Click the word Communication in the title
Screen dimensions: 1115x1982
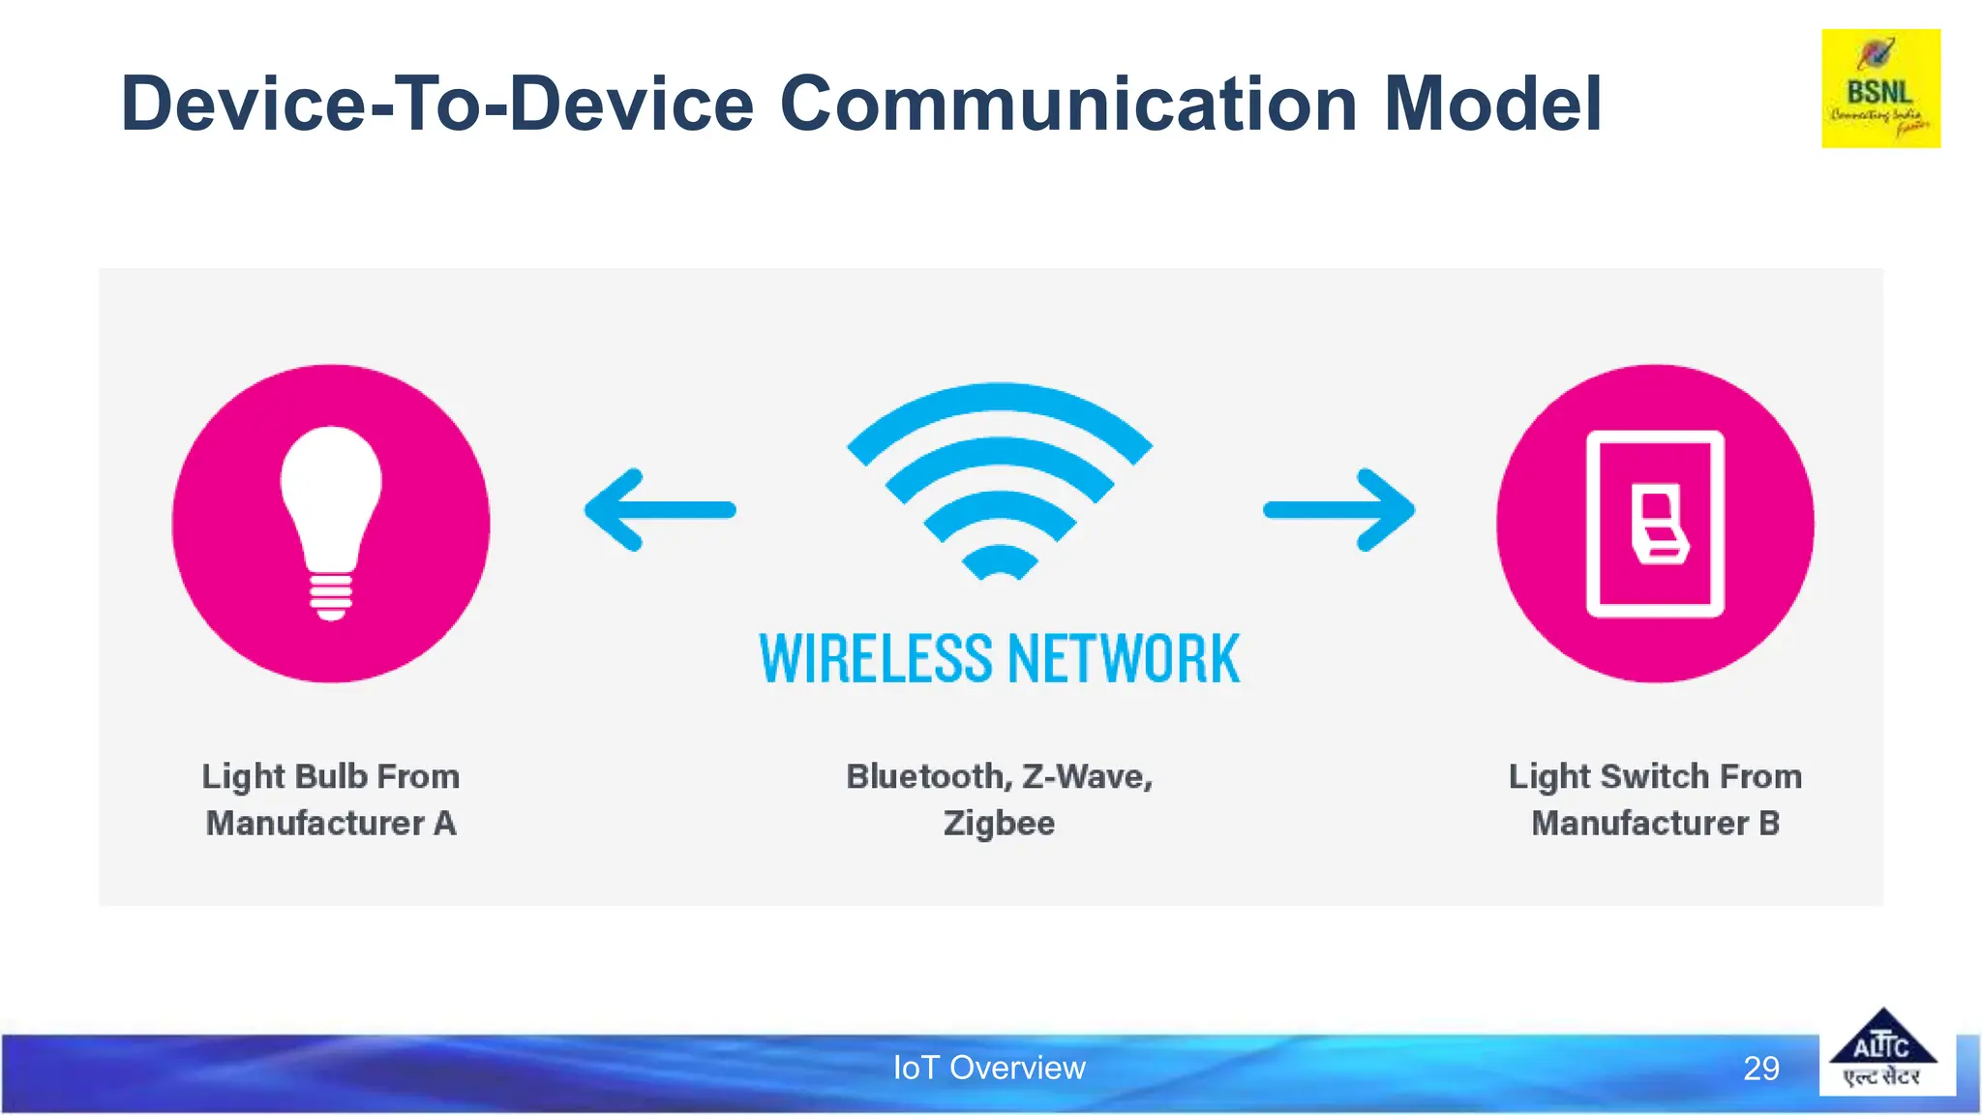1068,105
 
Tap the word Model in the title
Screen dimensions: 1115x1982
1493,105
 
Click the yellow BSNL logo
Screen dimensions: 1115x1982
1880,89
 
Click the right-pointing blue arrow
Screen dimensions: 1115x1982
1339,510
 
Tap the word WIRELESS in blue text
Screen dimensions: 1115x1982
876,659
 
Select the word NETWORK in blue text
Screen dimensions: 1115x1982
1124,659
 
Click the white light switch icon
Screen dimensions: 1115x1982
1655,524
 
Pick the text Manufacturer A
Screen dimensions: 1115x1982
331,824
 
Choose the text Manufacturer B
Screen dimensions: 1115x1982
1655,824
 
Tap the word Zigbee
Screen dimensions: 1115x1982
999,824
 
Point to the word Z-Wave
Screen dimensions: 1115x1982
1088,776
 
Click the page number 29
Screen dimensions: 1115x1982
1761,1069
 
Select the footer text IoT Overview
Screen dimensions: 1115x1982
989,1068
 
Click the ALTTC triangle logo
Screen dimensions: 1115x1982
1882,1051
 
